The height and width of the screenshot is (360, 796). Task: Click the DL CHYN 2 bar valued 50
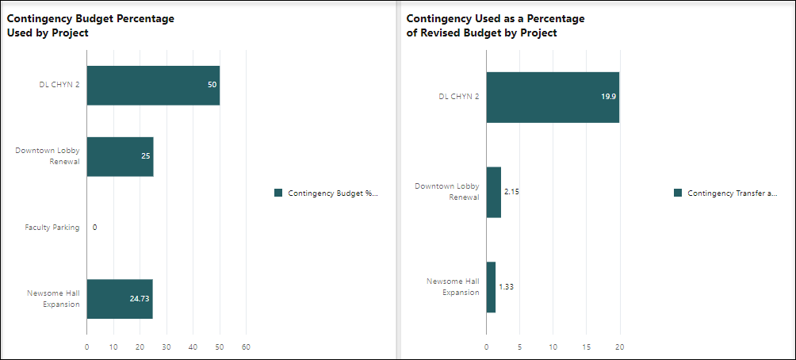152,85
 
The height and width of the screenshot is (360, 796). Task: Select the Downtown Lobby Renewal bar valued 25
119,156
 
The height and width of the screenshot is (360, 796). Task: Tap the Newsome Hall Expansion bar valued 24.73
119,299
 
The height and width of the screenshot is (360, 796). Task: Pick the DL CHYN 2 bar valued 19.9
552,97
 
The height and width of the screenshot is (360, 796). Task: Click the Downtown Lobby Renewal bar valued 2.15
493,192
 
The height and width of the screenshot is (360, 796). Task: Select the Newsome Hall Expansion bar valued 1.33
491,287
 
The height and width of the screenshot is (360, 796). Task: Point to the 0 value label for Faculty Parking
94,228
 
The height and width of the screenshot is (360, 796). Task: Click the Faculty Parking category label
52,228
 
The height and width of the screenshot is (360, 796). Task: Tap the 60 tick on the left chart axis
246,347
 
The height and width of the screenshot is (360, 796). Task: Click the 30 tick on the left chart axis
166,347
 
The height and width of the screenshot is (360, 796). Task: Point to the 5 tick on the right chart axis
519,347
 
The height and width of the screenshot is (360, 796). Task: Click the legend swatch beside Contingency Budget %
278,193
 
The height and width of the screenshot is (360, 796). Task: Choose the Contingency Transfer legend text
732,193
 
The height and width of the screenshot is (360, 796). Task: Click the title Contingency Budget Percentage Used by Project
90,25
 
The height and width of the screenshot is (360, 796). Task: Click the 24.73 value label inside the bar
139,299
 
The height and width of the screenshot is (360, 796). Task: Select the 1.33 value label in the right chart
506,287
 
